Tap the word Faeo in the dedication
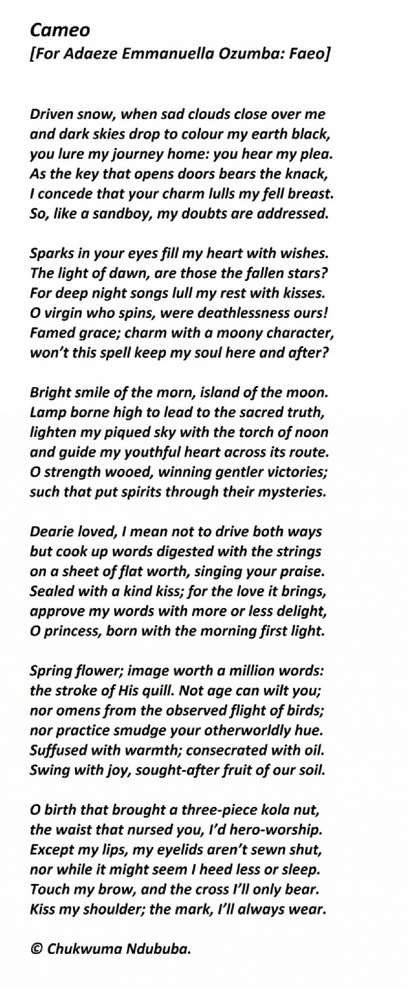[305, 55]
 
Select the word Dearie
[52, 531]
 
